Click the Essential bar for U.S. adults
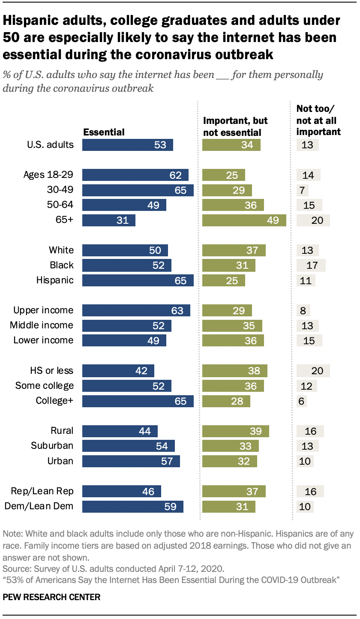[x=127, y=145]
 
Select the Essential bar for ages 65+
[x=108, y=220]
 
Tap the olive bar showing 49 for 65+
[x=244, y=220]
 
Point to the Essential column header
[x=104, y=132]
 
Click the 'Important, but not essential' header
[x=235, y=127]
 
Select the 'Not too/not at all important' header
[x=318, y=121]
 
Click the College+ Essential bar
[x=138, y=401]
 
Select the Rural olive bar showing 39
[x=235, y=431]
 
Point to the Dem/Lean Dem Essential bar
[x=132, y=506]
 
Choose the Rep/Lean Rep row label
[x=44, y=491]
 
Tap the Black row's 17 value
[x=312, y=265]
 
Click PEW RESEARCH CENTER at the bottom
[x=51, y=597]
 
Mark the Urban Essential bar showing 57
[x=131, y=461]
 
